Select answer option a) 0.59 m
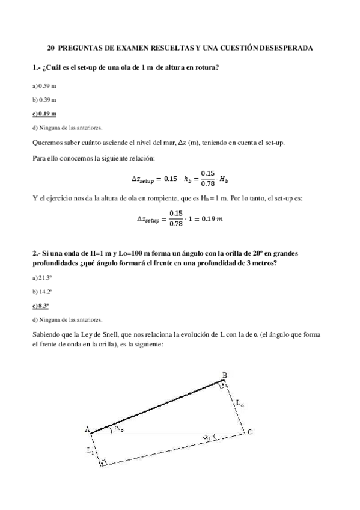44,87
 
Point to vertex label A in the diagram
87,429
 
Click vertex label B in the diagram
225,375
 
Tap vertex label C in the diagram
249,432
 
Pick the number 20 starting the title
51,47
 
